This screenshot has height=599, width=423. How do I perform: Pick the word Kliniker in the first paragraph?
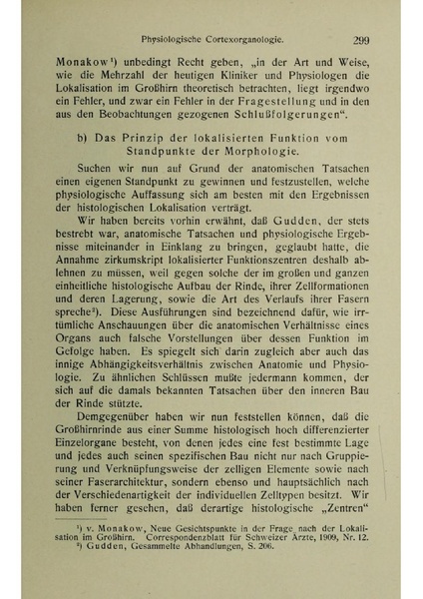click(248, 88)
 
